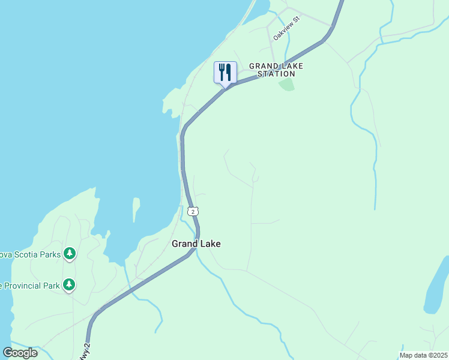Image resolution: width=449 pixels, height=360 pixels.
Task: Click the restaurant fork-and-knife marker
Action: click(225, 73)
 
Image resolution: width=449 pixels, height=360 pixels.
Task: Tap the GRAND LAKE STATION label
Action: click(276, 70)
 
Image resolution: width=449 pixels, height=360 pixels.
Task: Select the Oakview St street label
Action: click(286, 28)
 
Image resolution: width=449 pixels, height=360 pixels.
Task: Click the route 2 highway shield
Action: click(192, 211)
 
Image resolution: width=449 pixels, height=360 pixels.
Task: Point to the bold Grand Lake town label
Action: click(196, 244)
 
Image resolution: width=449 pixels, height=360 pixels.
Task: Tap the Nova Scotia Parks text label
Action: click(30, 254)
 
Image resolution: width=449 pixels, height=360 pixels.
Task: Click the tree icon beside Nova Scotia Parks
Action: click(70, 254)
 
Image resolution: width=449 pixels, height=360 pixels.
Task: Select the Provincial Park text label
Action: click(30, 286)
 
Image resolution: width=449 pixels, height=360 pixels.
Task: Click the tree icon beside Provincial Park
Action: click(70, 284)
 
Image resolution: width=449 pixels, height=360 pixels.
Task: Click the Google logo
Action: click(20, 353)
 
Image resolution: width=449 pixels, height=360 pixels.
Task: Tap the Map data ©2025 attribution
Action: click(424, 355)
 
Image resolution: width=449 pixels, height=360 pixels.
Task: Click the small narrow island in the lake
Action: click(136, 209)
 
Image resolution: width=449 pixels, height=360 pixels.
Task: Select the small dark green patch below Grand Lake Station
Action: click(287, 84)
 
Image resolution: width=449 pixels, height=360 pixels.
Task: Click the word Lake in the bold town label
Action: click(210, 244)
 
